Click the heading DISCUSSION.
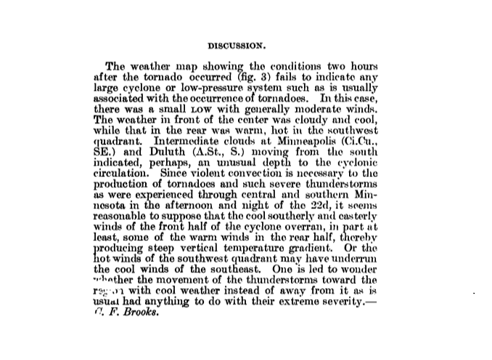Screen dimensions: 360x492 point(247,43)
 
